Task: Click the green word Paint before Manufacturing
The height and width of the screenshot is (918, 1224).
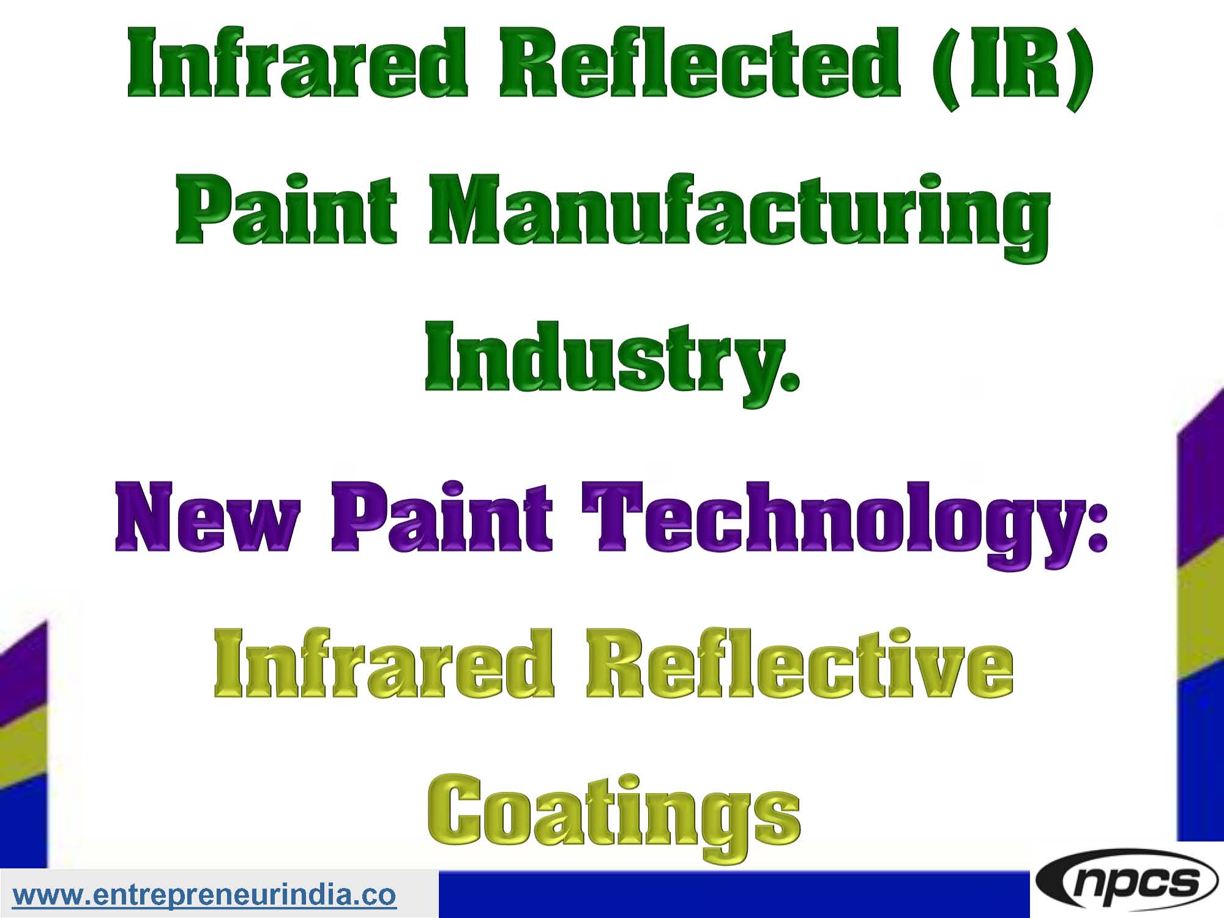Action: click(x=286, y=211)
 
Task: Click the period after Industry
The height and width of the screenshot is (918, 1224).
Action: click(x=790, y=382)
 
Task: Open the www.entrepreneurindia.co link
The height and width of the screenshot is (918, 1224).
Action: click(x=204, y=895)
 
